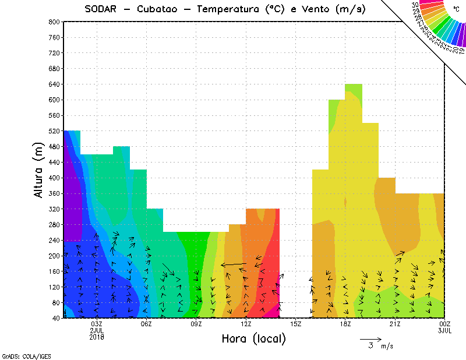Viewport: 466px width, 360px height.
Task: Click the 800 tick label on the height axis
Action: pyautogui.click(x=54, y=22)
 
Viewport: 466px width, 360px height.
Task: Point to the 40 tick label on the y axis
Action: pyautogui.click(x=55, y=319)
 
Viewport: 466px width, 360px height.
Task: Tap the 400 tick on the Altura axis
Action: pyautogui.click(x=54, y=178)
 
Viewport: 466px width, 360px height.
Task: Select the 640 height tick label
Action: pyautogui.click(x=54, y=84)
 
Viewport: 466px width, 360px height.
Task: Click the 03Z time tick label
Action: pyautogui.click(x=97, y=324)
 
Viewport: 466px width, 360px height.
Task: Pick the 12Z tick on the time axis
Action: pyautogui.click(x=246, y=324)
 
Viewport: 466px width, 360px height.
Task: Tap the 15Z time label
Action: pyautogui.click(x=295, y=324)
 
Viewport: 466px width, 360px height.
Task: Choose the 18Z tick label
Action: pyautogui.click(x=345, y=324)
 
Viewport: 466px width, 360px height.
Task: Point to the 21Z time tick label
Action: pyautogui.click(x=394, y=324)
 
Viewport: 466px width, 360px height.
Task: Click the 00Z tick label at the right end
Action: pyautogui.click(x=444, y=324)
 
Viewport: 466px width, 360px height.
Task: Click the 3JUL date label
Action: pyautogui.click(x=444, y=330)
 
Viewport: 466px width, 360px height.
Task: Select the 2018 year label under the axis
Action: pyautogui.click(x=97, y=337)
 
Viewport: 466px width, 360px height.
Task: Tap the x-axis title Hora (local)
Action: pyautogui.click(x=253, y=338)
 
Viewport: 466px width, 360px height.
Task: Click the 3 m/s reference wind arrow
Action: pyautogui.click(x=370, y=338)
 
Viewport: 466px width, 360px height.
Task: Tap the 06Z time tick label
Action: pyautogui.click(x=146, y=324)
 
